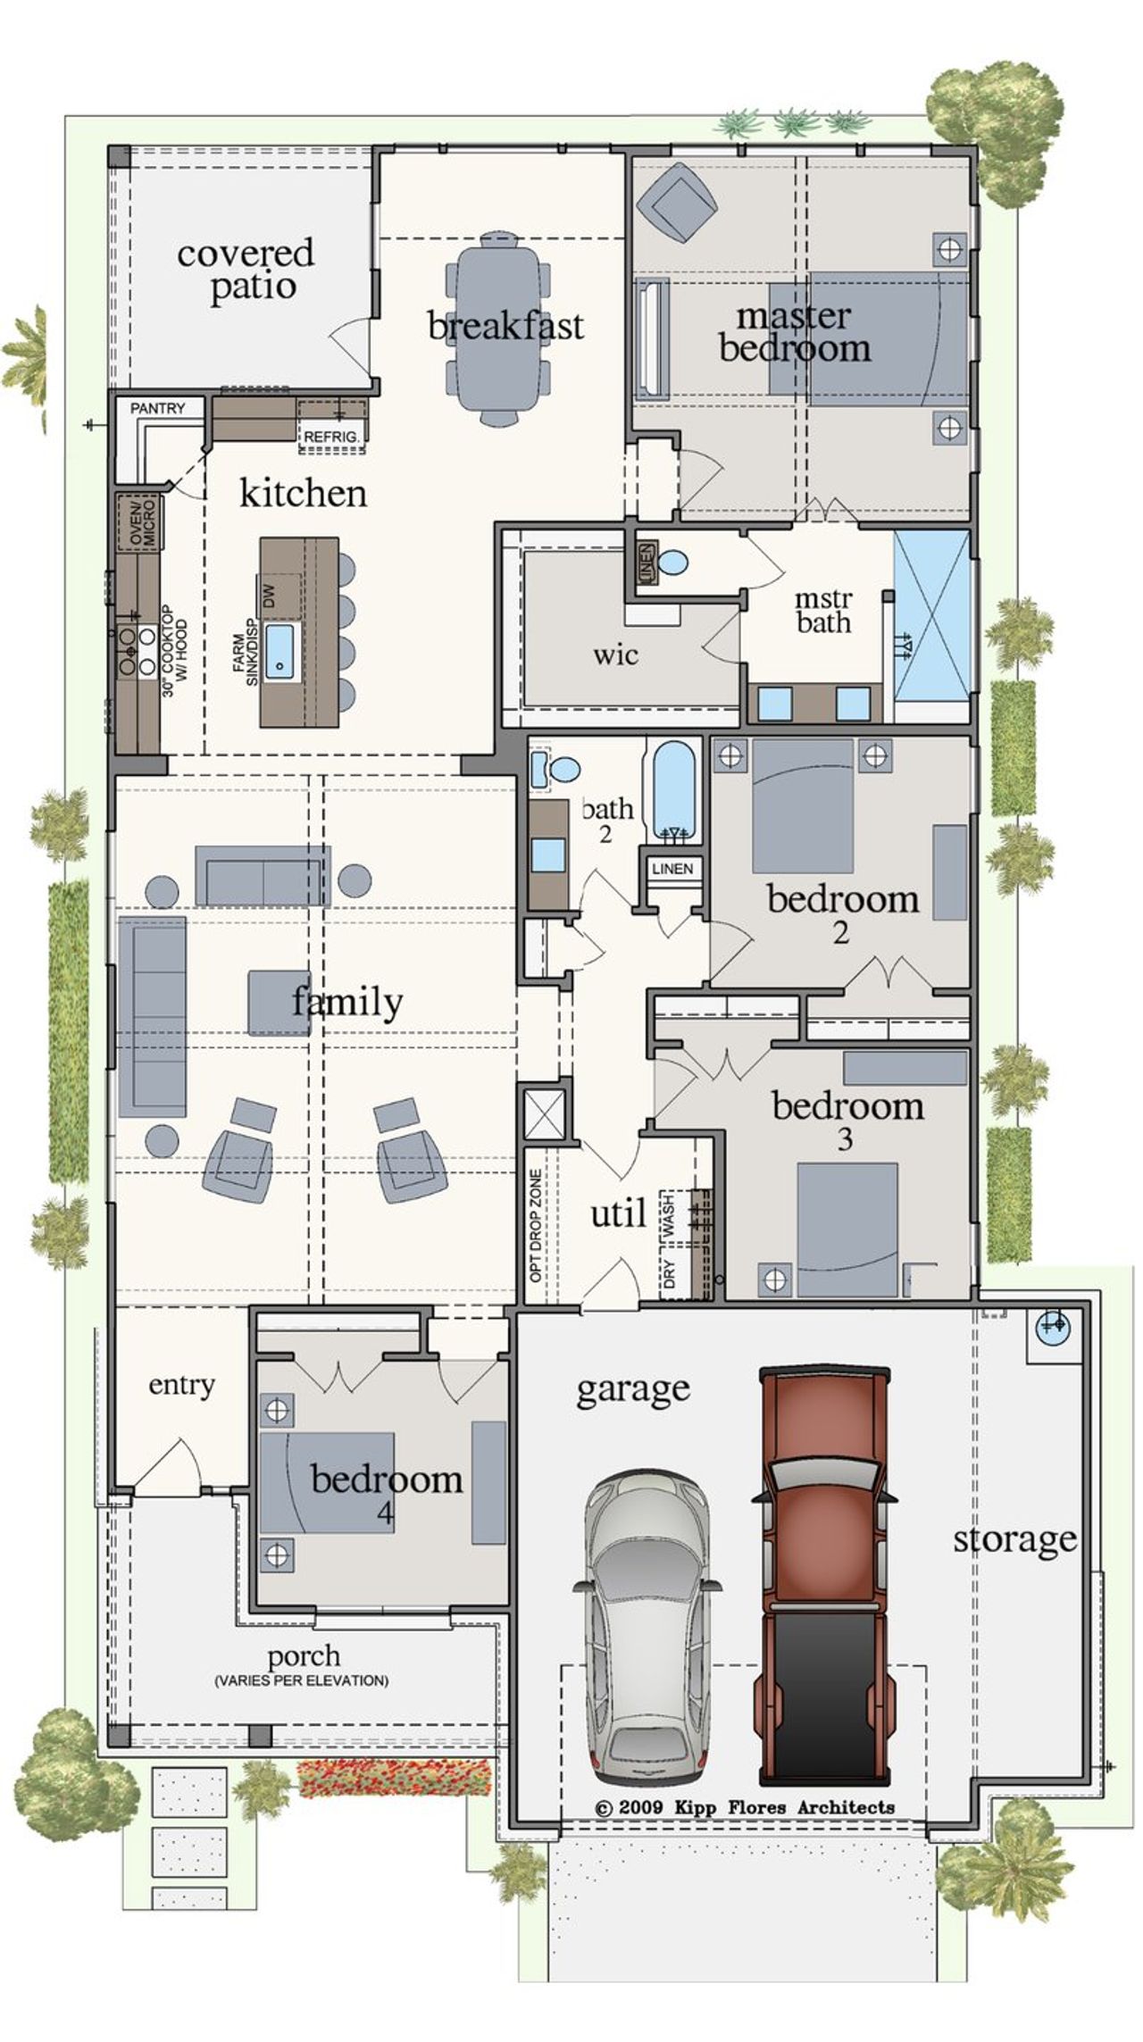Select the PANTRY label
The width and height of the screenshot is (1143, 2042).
[157, 408]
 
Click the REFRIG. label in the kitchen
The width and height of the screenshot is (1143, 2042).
[332, 437]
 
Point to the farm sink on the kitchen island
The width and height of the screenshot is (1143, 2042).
[280, 648]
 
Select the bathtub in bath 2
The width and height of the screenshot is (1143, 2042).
[673, 789]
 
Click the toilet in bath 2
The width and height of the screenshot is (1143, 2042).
[563, 769]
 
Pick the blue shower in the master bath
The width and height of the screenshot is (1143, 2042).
[932, 627]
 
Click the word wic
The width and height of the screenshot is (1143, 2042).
[615, 654]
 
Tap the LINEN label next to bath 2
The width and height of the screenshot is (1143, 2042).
[672, 869]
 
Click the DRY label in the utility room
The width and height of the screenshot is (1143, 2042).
[670, 1272]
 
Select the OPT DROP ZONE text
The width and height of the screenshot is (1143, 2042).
[536, 1226]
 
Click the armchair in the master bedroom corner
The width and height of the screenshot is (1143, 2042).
[677, 202]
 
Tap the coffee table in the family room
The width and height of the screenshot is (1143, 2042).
[279, 1002]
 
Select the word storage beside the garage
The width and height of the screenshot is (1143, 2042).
[1014, 1538]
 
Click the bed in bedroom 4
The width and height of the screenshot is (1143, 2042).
[327, 1483]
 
